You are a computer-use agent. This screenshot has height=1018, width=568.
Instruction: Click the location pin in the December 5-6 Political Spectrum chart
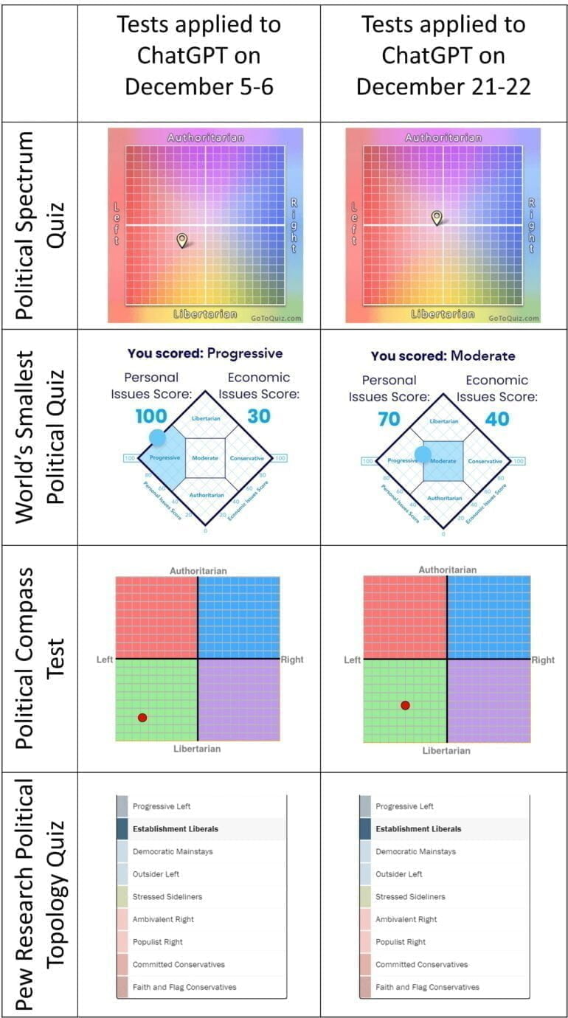(x=181, y=240)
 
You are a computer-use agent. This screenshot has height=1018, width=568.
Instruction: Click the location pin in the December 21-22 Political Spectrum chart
(x=437, y=217)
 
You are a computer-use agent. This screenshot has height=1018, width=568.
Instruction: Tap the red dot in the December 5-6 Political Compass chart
(x=142, y=717)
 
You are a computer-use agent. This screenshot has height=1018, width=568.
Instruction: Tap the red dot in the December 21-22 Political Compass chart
(x=405, y=705)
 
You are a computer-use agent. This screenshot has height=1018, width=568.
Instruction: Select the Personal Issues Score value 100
(x=150, y=416)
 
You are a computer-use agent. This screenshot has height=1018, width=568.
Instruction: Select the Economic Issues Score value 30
(x=259, y=416)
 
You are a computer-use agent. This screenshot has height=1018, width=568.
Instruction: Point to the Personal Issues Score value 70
(x=389, y=419)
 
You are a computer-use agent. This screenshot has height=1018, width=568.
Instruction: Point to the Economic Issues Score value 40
(x=497, y=419)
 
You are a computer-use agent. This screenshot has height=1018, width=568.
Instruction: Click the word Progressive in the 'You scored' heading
(x=244, y=353)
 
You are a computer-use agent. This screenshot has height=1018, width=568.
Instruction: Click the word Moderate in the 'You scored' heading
(x=483, y=356)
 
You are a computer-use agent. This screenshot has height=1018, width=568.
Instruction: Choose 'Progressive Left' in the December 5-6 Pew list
(x=162, y=806)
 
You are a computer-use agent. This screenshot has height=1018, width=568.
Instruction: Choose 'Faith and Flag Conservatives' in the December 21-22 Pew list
(x=427, y=987)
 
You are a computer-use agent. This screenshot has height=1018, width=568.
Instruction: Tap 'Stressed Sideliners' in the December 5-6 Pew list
(x=167, y=896)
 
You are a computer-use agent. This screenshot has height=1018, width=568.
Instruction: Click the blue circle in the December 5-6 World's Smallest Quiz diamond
(x=158, y=437)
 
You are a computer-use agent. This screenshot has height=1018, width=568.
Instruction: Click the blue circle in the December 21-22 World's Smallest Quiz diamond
(x=423, y=454)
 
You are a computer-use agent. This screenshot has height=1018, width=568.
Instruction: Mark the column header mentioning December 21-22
(x=443, y=55)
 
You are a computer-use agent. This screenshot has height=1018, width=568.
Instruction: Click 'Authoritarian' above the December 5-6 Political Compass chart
(x=198, y=570)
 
